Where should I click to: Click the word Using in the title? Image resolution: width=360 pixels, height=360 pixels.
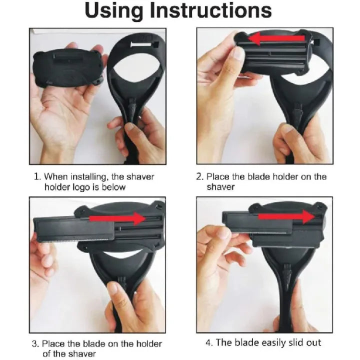point(114,10)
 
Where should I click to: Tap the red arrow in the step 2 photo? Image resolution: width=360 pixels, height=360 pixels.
point(277,39)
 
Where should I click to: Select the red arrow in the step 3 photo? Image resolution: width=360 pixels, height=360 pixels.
point(117,218)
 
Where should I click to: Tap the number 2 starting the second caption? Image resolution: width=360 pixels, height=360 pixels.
point(199,177)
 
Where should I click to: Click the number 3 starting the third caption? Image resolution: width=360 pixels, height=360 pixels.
point(34,344)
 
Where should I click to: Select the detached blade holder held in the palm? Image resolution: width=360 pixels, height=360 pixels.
point(68,68)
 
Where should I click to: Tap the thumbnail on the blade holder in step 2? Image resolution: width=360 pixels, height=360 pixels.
point(239,54)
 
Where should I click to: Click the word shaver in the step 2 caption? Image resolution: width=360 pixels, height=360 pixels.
point(220,187)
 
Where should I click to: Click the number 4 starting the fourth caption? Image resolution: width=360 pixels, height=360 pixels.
point(208,343)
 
